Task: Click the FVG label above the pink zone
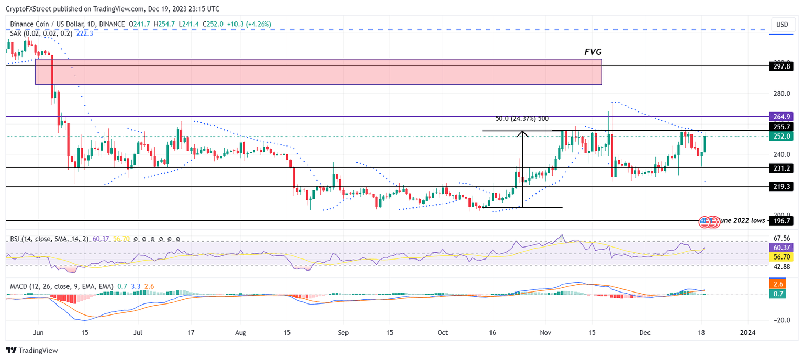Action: click(x=593, y=52)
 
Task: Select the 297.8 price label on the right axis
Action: click(x=780, y=66)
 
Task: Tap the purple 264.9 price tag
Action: click(x=780, y=116)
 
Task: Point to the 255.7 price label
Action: click(x=780, y=127)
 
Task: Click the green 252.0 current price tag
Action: click(x=780, y=136)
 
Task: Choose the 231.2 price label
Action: click(x=780, y=168)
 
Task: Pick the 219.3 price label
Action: click(x=780, y=186)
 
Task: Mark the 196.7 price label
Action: click(x=780, y=221)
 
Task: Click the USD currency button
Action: click(x=782, y=25)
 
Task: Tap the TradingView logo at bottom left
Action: click(x=32, y=350)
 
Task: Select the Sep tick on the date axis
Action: click(x=343, y=332)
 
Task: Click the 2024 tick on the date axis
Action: click(x=746, y=332)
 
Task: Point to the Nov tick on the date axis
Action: click(x=545, y=332)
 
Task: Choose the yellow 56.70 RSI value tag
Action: click(x=780, y=257)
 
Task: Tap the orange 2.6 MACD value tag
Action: click(x=780, y=284)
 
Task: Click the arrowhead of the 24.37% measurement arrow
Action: click(x=522, y=133)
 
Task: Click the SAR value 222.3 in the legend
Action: click(x=85, y=33)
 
